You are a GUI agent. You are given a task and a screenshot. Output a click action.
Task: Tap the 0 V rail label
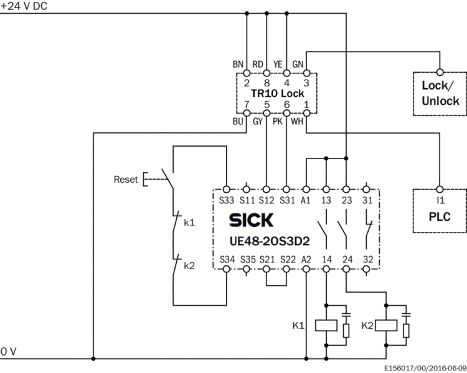(x=9, y=352)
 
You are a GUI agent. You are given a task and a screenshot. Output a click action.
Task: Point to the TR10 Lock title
(x=278, y=93)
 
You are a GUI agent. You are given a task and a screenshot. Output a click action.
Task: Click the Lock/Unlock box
(x=440, y=93)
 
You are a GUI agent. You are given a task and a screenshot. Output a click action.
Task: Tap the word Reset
(x=125, y=180)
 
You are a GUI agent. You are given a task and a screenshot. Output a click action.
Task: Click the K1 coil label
(x=299, y=325)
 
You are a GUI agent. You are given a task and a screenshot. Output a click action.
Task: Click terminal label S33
(x=226, y=200)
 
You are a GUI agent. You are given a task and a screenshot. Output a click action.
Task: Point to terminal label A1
(x=306, y=200)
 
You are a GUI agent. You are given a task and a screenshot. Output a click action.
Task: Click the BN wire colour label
(x=238, y=65)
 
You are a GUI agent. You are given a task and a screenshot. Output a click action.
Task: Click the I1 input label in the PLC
(x=440, y=200)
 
